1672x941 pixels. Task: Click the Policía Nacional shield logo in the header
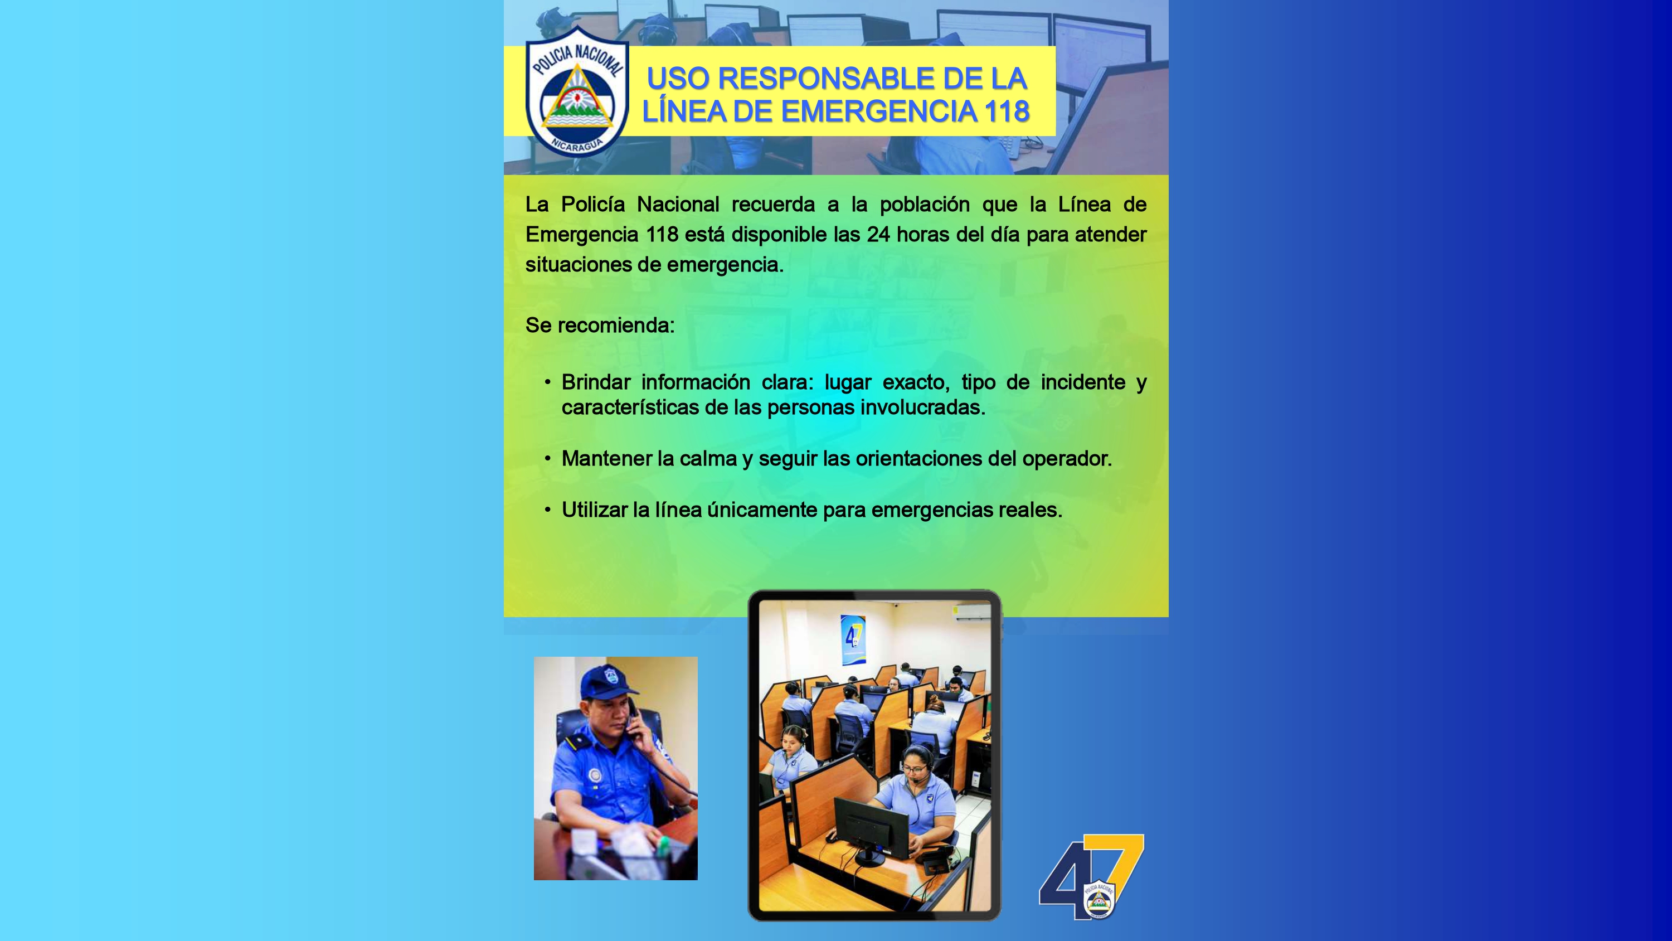point(576,91)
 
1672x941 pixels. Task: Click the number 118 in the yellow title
point(1006,111)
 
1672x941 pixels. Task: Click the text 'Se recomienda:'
point(600,326)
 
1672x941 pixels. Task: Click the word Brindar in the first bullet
point(595,382)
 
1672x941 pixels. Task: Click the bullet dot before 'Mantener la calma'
point(548,458)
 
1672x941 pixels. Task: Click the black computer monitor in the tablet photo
point(871,828)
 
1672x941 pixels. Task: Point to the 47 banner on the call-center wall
point(853,639)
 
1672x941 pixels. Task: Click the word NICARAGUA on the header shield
point(576,145)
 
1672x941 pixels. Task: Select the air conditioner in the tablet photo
point(971,613)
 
